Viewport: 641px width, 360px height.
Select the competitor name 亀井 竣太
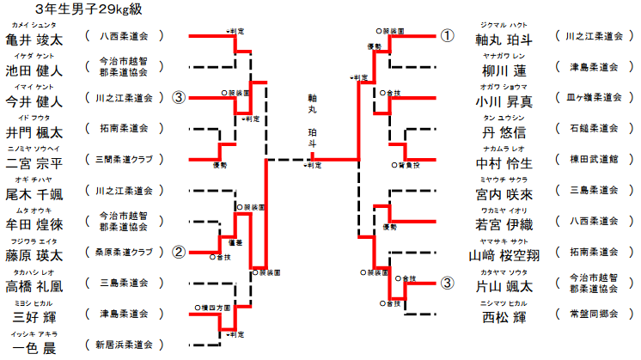[x=34, y=39]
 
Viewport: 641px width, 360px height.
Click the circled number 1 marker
[x=448, y=36]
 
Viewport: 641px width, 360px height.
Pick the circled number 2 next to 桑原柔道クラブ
[x=179, y=253]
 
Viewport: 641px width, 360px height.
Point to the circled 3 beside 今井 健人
[x=179, y=98]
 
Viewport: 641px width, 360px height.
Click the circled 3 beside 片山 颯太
[x=448, y=283]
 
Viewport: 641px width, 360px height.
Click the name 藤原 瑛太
[x=34, y=255]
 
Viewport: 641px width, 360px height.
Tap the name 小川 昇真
[x=504, y=101]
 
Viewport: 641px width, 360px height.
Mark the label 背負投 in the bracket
[x=408, y=163]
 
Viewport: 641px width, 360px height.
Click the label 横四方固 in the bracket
[x=212, y=307]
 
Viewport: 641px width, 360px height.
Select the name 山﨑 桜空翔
[x=504, y=255]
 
